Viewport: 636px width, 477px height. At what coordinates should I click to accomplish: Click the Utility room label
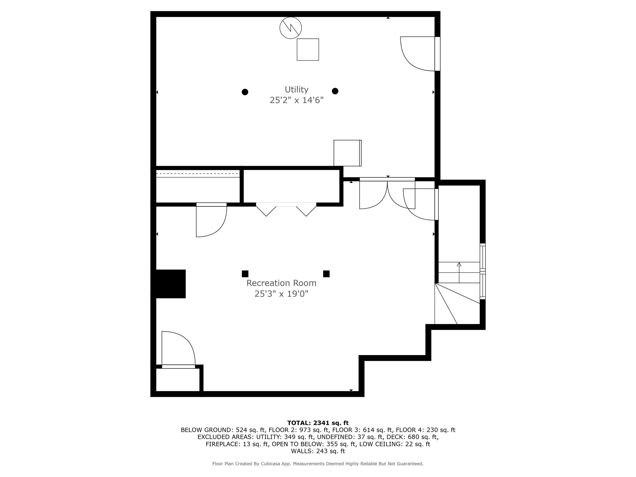click(296, 90)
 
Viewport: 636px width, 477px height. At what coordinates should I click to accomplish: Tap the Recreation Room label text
click(281, 283)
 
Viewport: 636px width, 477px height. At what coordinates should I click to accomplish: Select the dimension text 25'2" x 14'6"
click(296, 100)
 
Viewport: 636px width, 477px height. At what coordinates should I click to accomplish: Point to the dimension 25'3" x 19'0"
click(281, 294)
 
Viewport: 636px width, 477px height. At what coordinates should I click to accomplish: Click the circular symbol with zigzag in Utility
click(291, 28)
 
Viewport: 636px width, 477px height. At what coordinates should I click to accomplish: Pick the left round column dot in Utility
click(245, 92)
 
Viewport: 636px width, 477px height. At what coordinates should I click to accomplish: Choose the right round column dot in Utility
click(335, 91)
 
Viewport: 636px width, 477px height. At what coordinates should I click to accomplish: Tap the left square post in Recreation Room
click(245, 274)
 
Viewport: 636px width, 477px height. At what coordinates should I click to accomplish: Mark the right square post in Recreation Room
click(326, 274)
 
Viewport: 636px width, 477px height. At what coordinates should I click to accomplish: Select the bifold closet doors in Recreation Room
click(286, 209)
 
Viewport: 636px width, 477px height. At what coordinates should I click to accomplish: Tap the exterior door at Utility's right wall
click(418, 53)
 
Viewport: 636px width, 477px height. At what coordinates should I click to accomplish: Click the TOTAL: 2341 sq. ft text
click(318, 423)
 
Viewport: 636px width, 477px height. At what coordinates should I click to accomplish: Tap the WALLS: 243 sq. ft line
click(318, 451)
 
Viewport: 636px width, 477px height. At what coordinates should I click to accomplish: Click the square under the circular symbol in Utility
click(308, 49)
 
